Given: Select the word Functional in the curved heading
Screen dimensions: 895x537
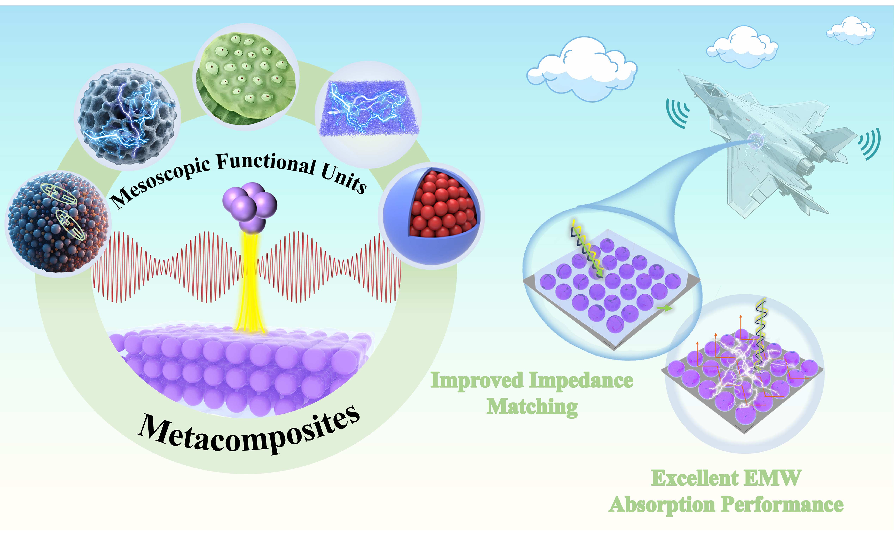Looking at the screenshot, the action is tap(266, 163).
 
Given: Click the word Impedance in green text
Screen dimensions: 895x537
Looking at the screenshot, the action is tap(581, 381).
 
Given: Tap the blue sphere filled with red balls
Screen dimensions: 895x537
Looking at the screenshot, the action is tap(432, 216).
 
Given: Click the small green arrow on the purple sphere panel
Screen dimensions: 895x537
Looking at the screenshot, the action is tap(665, 308).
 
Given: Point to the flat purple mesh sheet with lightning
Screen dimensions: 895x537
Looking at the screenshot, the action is tap(369, 109).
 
